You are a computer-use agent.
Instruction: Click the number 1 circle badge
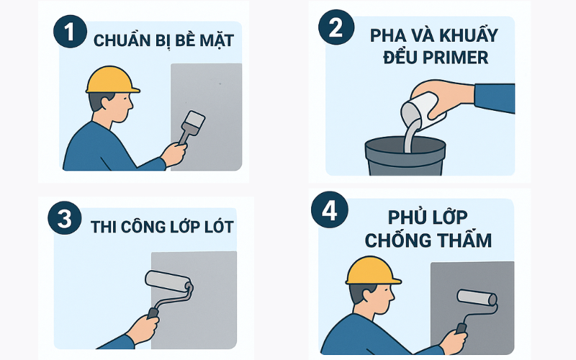coord(70,31)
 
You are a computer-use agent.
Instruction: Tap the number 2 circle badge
coord(336,27)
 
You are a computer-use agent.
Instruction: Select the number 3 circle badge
coord(65,218)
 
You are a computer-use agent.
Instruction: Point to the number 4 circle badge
coord(330,210)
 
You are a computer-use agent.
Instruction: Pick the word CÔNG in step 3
coord(143,226)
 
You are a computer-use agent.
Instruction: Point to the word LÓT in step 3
coord(219,226)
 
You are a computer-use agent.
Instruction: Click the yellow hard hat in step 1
coord(112,80)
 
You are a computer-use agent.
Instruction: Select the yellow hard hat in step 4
coord(372,271)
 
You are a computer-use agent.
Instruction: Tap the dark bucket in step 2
coord(405,156)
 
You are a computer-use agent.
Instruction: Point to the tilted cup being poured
coord(423,112)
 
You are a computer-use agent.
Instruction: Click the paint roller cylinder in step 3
coord(168,282)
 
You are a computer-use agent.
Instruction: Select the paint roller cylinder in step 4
coord(477,297)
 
